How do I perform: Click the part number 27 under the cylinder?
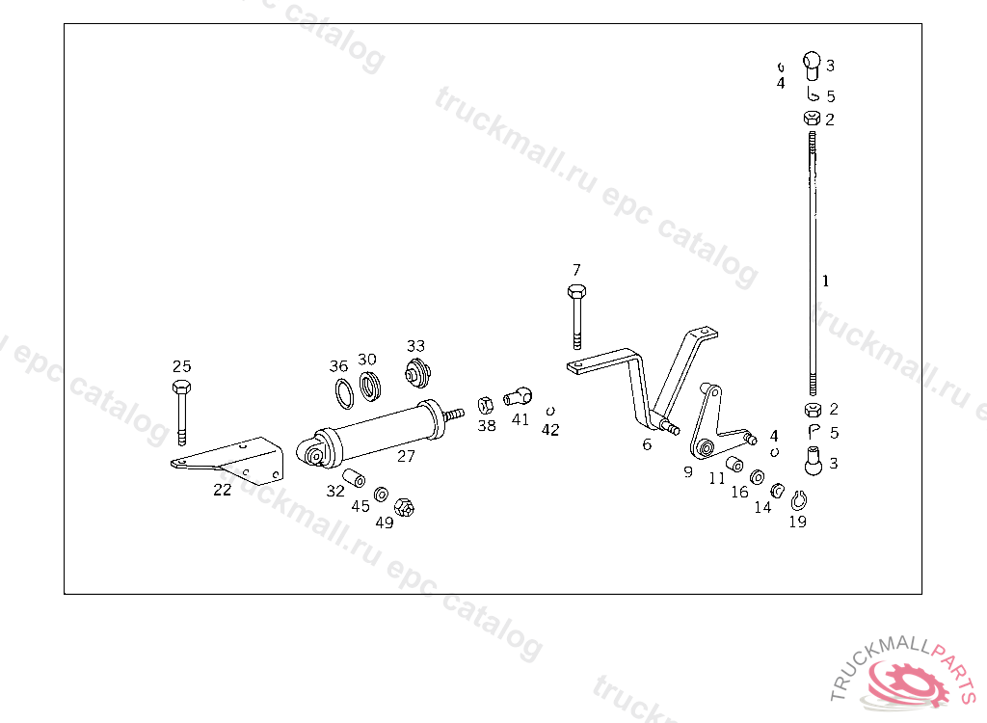point(406,456)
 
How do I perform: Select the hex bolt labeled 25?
point(181,409)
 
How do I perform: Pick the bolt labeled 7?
point(576,315)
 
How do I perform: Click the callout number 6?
point(647,444)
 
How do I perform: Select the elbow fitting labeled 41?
point(518,394)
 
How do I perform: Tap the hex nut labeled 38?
point(487,404)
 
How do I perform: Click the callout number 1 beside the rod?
point(825,281)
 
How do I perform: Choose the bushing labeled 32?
point(354,476)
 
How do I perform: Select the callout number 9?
point(688,472)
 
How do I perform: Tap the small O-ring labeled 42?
point(550,410)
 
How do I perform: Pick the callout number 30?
point(367,360)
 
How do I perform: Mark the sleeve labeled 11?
point(734,465)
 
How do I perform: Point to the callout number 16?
point(739,492)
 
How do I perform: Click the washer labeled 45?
point(382,494)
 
